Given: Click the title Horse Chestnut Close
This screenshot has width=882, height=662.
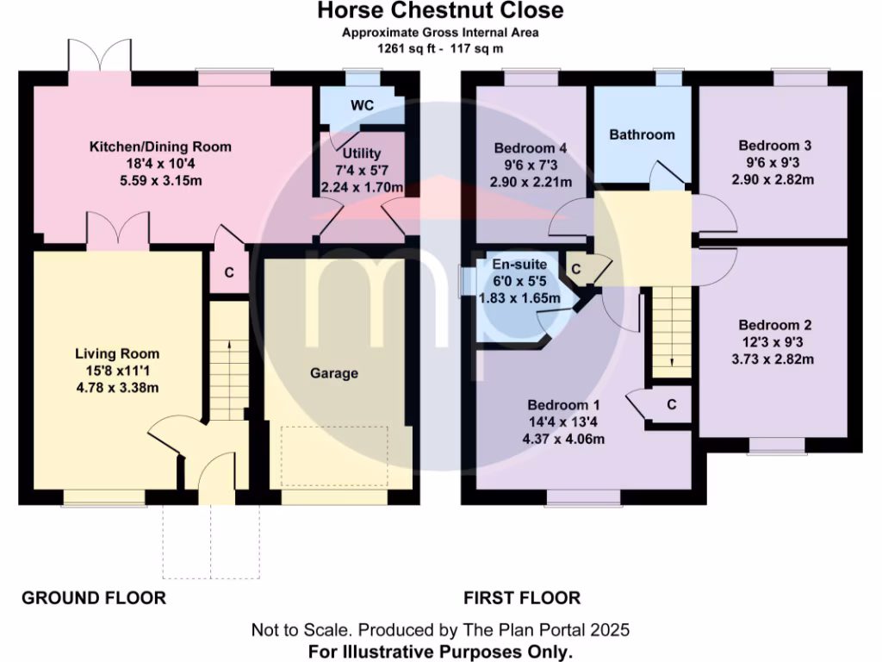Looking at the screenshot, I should click(x=440, y=11).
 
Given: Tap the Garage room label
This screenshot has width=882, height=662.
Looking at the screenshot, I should click(x=334, y=373).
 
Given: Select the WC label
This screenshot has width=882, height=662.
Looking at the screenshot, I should click(x=362, y=105).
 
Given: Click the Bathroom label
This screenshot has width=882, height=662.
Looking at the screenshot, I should click(x=642, y=134).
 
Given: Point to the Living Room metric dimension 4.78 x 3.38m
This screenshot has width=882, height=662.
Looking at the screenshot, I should click(x=117, y=386).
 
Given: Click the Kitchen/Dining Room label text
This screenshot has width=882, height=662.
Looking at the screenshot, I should click(x=160, y=147).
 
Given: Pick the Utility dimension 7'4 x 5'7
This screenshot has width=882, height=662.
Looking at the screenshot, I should click(x=362, y=171).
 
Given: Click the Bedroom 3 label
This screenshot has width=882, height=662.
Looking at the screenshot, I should click(x=774, y=147).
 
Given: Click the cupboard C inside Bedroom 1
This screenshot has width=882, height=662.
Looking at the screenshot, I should click(x=671, y=403).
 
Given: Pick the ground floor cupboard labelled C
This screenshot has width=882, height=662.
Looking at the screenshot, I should click(x=229, y=272).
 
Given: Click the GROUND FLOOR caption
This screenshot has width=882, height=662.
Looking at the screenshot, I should click(x=93, y=597).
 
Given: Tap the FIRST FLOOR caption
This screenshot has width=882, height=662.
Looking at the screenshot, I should click(x=522, y=597).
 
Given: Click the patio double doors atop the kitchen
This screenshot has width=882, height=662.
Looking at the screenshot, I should click(x=101, y=58).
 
